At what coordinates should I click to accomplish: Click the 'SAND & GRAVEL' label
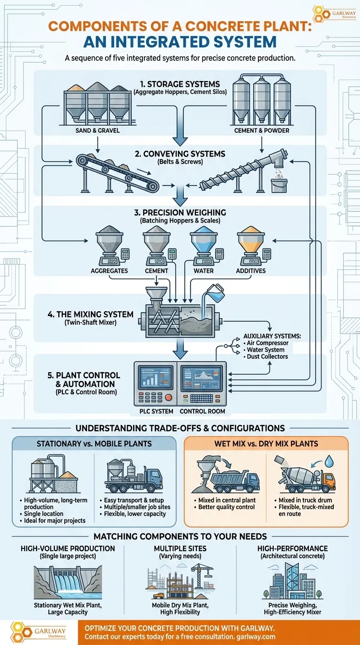click(97, 130)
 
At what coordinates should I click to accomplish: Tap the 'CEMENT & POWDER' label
click(262, 130)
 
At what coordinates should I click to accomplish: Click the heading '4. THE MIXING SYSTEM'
click(90, 314)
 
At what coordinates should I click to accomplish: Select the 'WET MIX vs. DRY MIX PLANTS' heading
click(266, 443)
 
